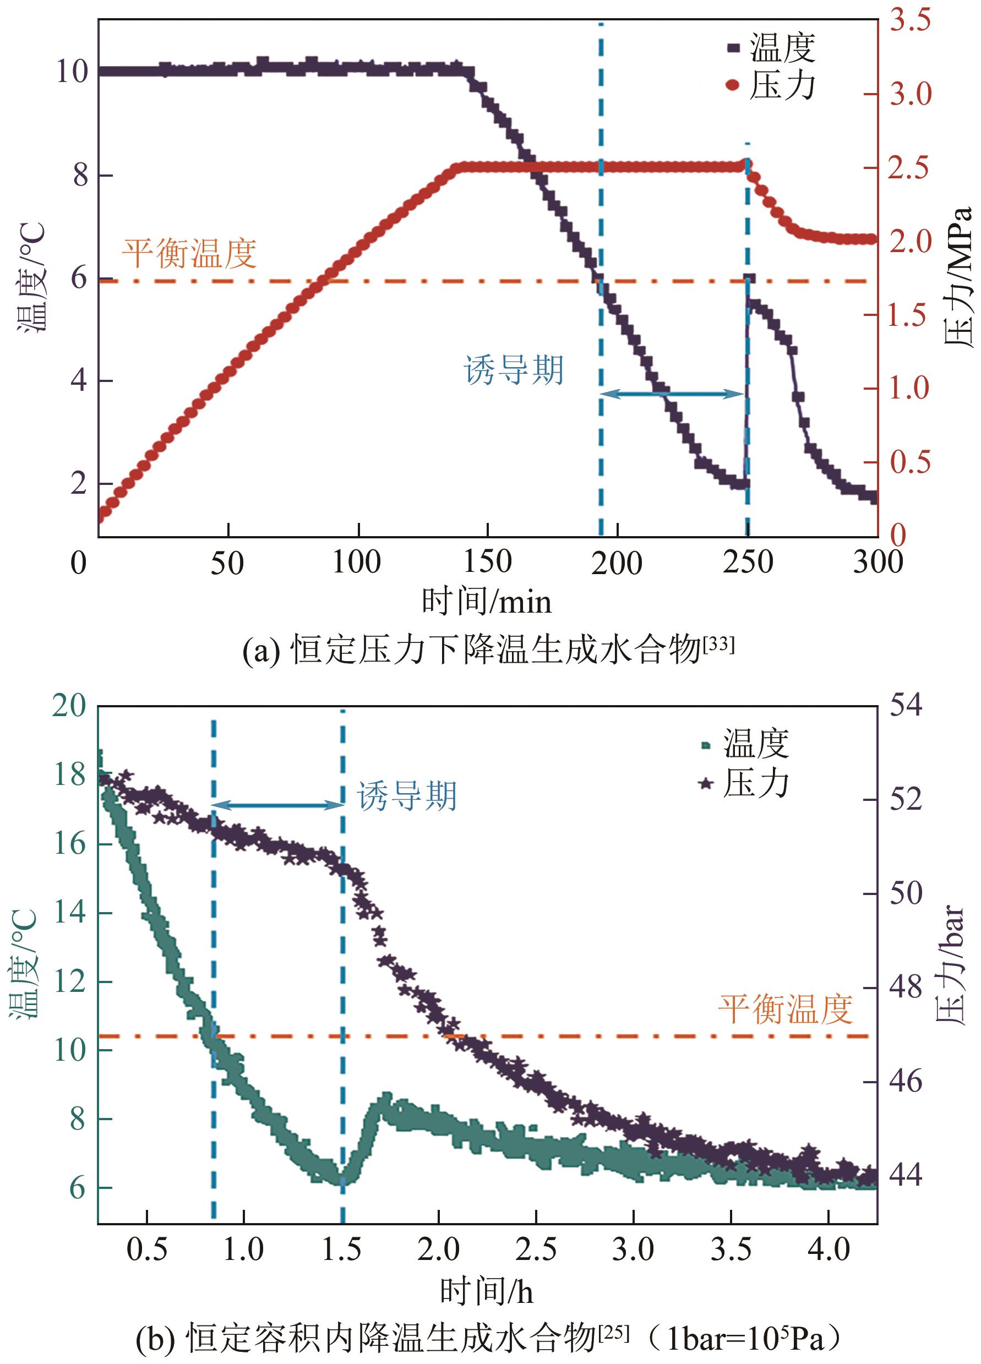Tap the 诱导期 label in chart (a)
(514, 370)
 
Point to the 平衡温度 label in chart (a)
(189, 253)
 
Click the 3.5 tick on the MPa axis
(910, 20)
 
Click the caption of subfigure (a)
(488, 650)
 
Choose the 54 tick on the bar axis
(906, 705)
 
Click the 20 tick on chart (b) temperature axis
(70, 705)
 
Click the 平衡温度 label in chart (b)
(785, 1008)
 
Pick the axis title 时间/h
(486, 1291)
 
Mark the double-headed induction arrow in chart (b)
(277, 805)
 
